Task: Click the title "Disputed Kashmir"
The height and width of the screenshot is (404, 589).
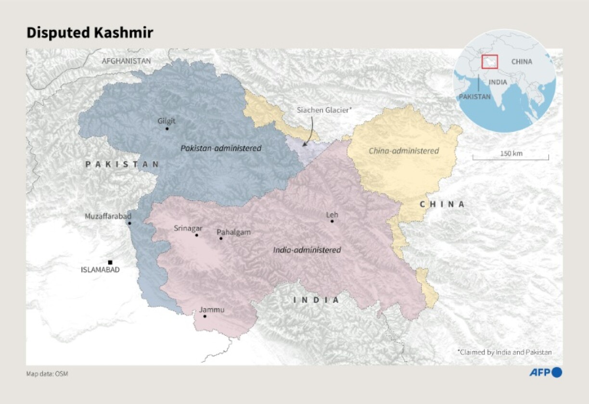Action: coord(90,33)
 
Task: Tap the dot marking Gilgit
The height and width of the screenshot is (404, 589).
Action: coord(167,128)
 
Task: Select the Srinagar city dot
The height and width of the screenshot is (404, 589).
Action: coord(196,235)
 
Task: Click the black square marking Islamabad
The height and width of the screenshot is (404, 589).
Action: coord(110,262)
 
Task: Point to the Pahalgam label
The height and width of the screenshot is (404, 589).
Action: coord(233,232)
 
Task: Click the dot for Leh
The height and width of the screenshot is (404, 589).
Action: coord(332,221)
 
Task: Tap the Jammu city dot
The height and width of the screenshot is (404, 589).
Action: coord(205,316)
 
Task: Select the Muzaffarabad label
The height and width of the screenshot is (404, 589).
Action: coord(108,216)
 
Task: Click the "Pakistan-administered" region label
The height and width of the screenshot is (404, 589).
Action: coord(221,148)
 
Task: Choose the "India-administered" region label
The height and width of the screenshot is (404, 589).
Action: coord(307,250)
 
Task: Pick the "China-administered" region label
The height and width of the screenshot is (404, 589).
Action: coord(404,151)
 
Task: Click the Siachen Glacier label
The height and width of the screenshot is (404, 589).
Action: coord(324,110)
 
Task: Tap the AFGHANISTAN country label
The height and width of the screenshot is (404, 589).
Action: coord(126,61)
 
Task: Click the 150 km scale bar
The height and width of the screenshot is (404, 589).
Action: coord(510,157)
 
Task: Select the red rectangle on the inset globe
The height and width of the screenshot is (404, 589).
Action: coord(489,63)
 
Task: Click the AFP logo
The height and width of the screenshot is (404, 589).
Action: coord(552,372)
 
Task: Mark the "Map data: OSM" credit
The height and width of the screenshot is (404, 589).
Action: coord(47,374)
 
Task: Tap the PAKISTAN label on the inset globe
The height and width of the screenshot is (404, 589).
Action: coord(474,96)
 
